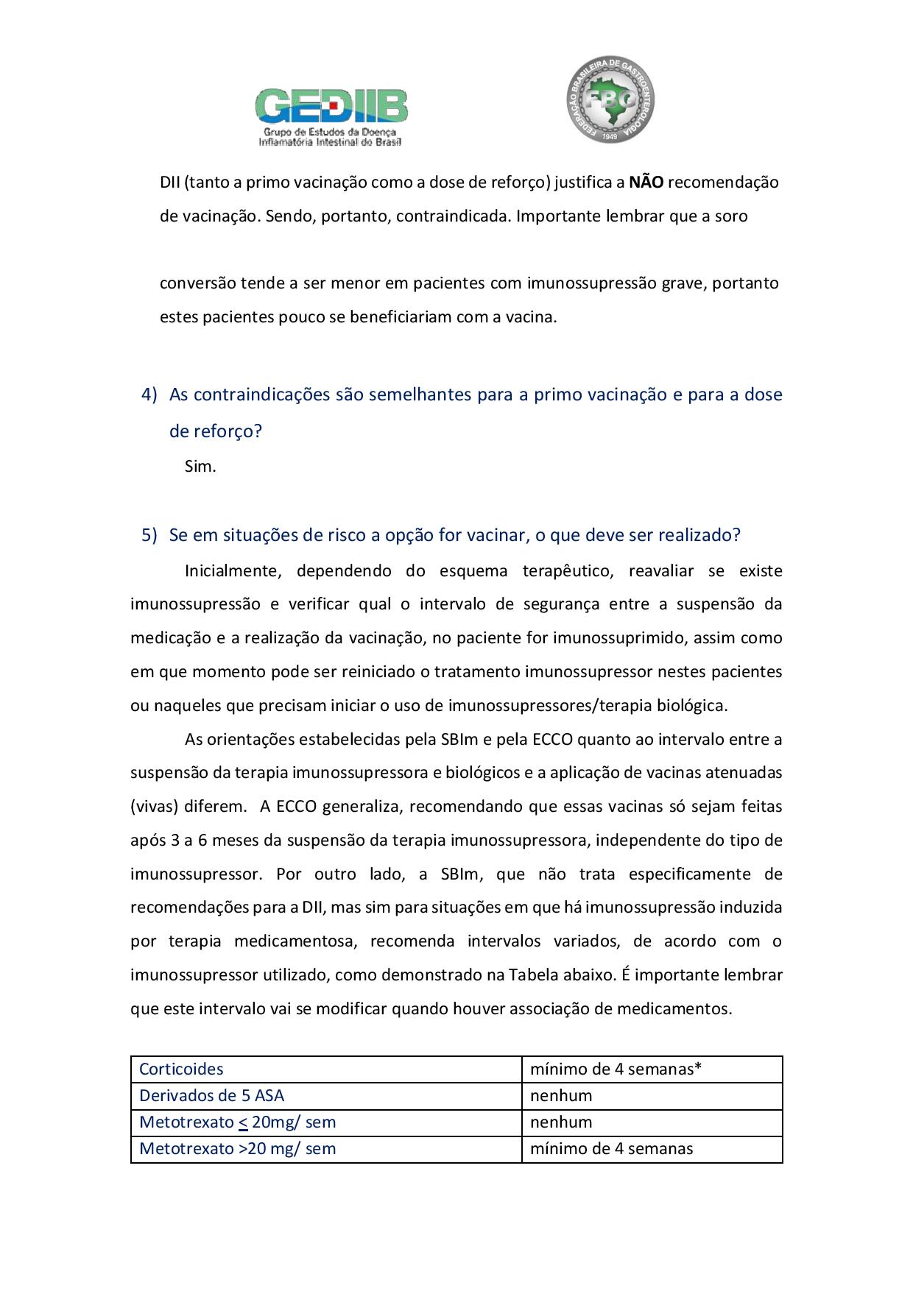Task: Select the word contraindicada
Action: (x=452, y=216)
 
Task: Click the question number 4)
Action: (x=149, y=395)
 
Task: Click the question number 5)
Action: (x=149, y=535)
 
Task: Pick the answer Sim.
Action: (x=200, y=467)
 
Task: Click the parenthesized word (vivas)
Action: (x=155, y=807)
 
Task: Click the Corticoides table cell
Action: (x=181, y=1069)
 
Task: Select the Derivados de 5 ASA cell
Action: (x=211, y=1096)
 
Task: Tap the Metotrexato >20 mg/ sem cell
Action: (x=237, y=1149)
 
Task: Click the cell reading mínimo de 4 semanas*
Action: (x=616, y=1069)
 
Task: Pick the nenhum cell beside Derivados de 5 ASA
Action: (x=561, y=1096)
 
